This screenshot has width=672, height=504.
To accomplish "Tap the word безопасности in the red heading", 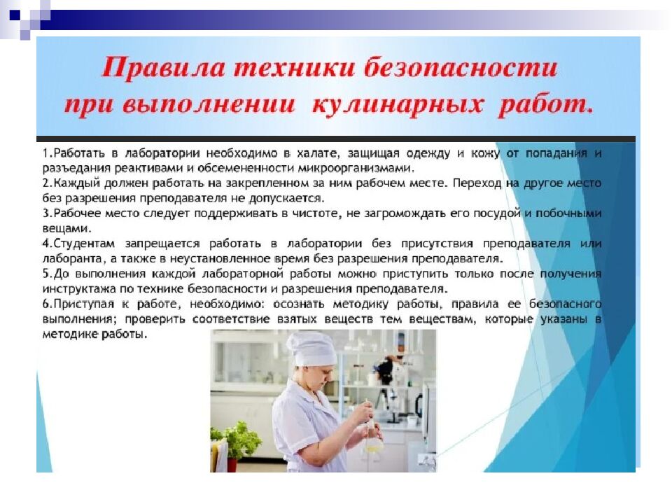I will click(458, 69).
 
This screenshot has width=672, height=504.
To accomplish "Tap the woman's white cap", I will click(312, 347).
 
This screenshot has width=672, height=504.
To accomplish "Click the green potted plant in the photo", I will click(237, 441).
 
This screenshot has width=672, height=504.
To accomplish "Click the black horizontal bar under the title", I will click(336, 139).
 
